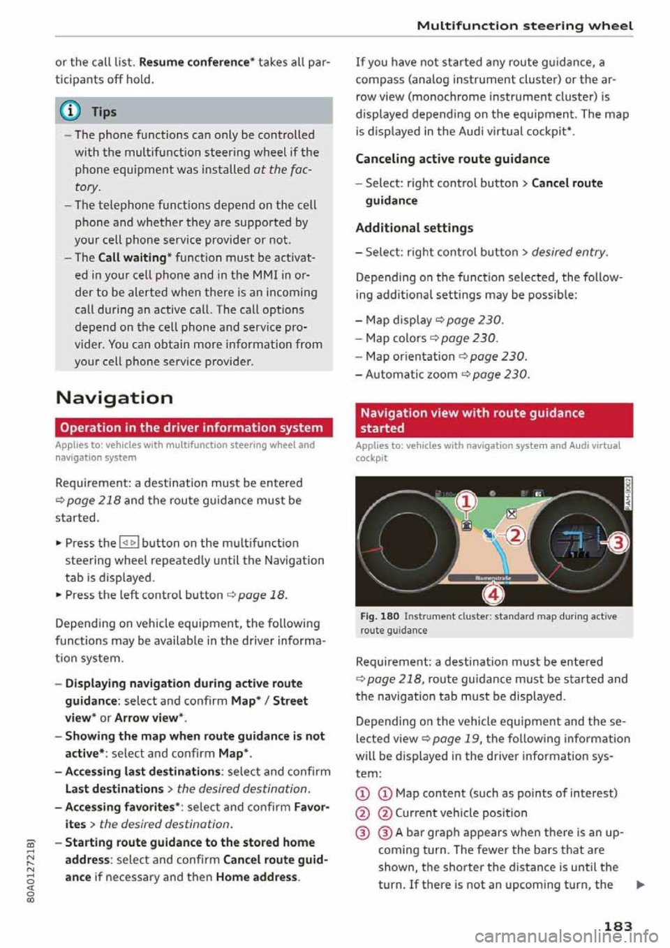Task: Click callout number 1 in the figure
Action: (x=466, y=501)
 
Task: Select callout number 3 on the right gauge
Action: (x=618, y=542)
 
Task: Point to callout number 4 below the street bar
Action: (x=493, y=594)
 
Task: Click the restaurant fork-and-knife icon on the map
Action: (x=511, y=514)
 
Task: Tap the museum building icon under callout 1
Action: (x=466, y=524)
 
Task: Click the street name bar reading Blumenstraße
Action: (x=493, y=578)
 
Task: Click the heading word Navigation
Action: (x=114, y=398)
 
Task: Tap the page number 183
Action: (x=618, y=926)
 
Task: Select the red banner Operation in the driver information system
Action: (x=192, y=428)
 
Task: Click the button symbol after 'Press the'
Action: (x=129, y=543)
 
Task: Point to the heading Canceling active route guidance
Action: (x=452, y=159)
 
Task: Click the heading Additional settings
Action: (x=414, y=228)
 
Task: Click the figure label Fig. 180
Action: (x=380, y=616)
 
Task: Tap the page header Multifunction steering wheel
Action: (x=525, y=26)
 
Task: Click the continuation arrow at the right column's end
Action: (x=640, y=885)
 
